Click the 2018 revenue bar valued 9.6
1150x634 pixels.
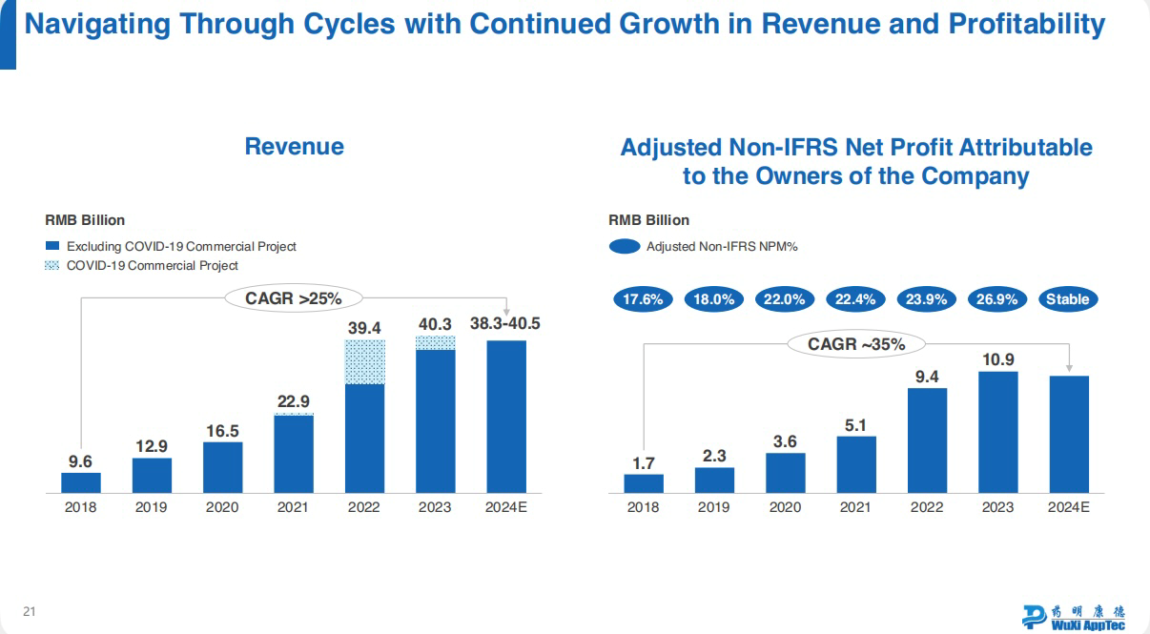pyautogui.click(x=81, y=482)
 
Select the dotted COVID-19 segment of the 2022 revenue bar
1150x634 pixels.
pyautogui.click(x=365, y=362)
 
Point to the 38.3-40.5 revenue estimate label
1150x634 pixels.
pyautogui.click(x=505, y=324)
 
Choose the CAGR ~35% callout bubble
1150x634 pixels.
pyautogui.click(x=856, y=344)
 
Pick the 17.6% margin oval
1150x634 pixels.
pyautogui.click(x=643, y=299)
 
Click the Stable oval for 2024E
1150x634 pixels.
pyautogui.click(x=1067, y=299)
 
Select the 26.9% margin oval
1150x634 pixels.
pyautogui.click(x=996, y=299)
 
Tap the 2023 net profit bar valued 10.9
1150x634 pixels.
pyautogui.click(x=997, y=432)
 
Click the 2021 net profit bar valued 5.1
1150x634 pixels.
pyautogui.click(x=855, y=464)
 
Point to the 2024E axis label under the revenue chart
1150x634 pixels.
pyautogui.click(x=505, y=507)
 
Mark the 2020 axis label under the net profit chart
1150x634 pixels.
pyautogui.click(x=785, y=507)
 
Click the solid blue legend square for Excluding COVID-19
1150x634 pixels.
pyautogui.click(x=52, y=246)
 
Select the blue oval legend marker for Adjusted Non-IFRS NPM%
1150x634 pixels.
pyautogui.click(x=624, y=247)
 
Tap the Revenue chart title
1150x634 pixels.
pyautogui.click(x=294, y=146)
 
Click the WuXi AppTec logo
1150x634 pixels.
pyautogui.click(x=1073, y=616)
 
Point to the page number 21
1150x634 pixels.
pyautogui.click(x=30, y=611)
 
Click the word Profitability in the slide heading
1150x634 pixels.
pyautogui.click(x=1028, y=24)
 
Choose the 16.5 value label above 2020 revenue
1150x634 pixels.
pyautogui.click(x=222, y=431)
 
